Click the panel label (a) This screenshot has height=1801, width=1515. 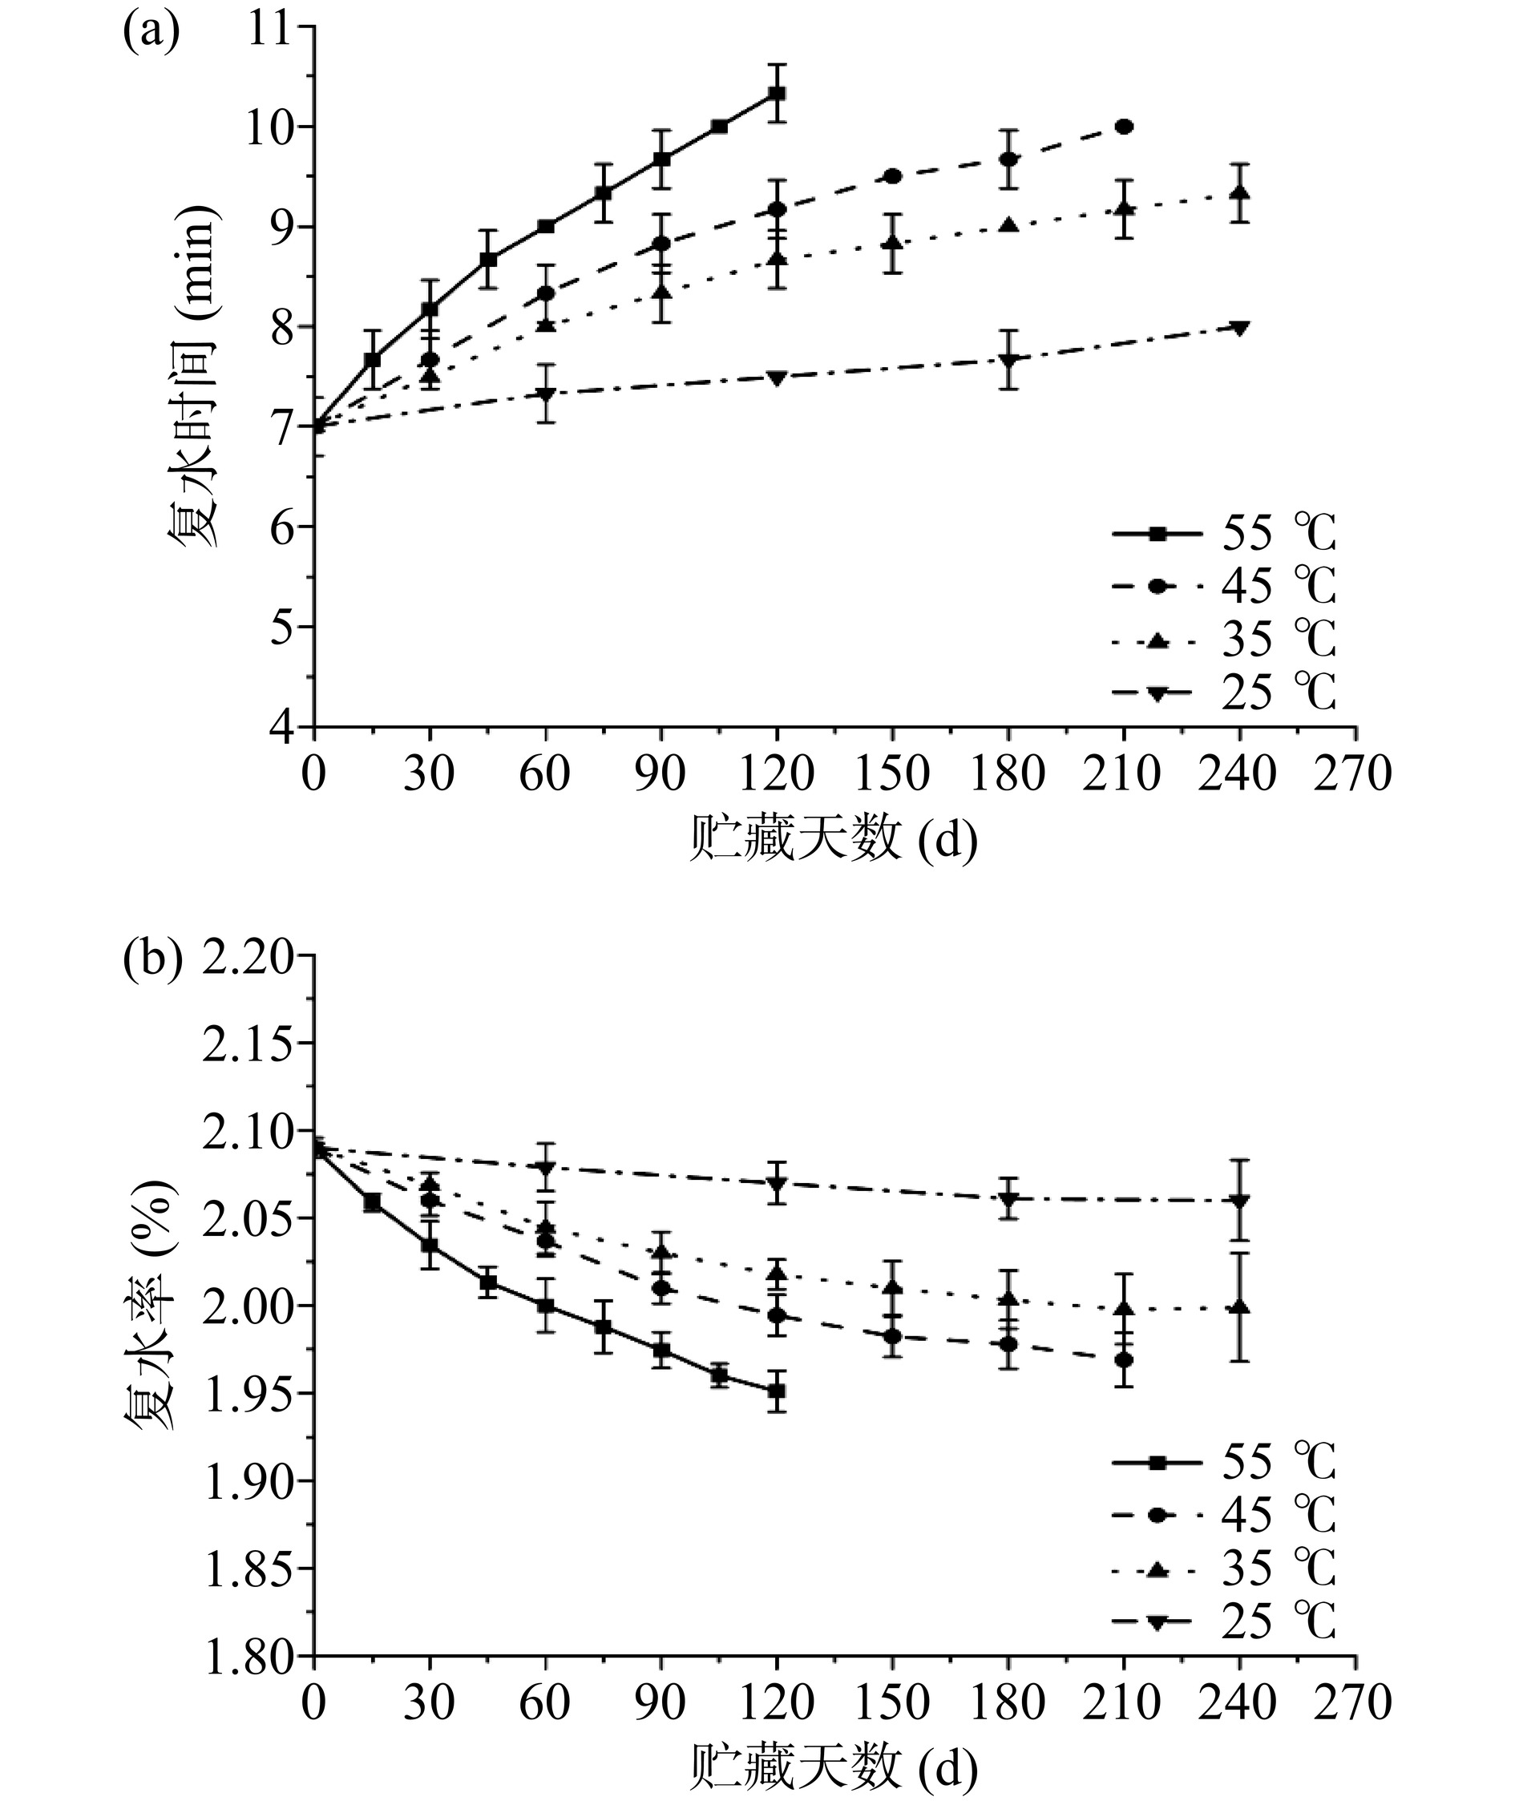pyautogui.click(x=151, y=34)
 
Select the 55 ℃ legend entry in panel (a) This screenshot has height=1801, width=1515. pyautogui.click(x=1223, y=534)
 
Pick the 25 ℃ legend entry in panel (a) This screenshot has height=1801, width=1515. pyautogui.click(x=1223, y=692)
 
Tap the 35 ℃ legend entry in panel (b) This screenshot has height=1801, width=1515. pyautogui.click(x=1223, y=1569)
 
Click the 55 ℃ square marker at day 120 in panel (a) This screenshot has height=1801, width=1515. pyautogui.click(x=777, y=93)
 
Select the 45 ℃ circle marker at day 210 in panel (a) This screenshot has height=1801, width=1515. pyautogui.click(x=1124, y=127)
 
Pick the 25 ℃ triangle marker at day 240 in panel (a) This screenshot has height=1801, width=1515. pyautogui.click(x=1239, y=327)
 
